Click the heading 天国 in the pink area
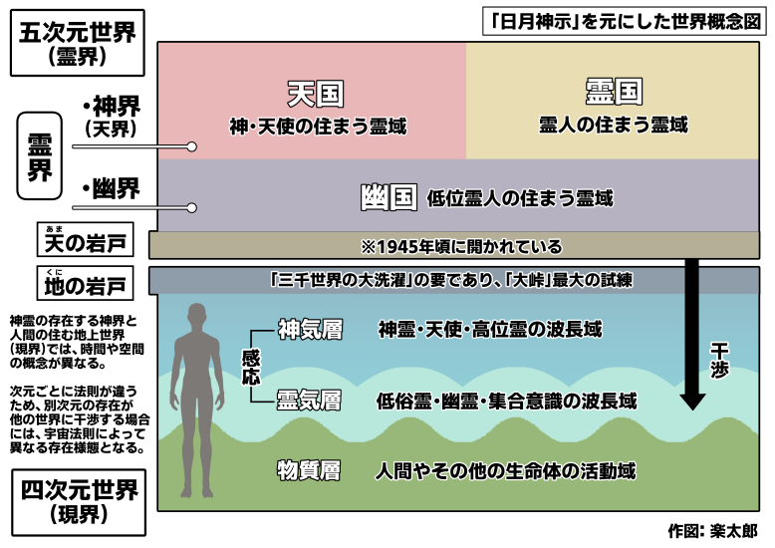click(316, 94)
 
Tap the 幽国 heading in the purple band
click(387, 198)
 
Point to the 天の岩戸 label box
click(84, 239)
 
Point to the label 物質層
click(309, 470)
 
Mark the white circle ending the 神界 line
click(192, 147)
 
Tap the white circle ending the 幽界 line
click(192, 208)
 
